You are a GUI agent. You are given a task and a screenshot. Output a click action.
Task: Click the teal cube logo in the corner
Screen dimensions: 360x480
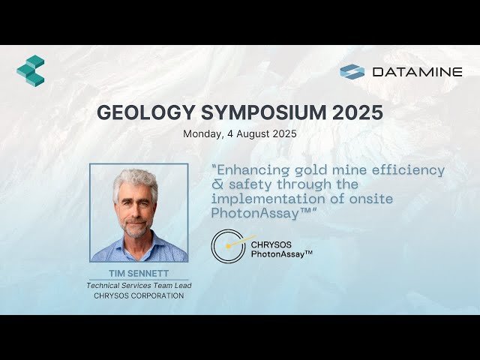31,70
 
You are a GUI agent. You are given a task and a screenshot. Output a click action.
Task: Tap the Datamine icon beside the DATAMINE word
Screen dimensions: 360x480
352,72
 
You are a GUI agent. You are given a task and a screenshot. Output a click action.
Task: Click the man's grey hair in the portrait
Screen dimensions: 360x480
137,178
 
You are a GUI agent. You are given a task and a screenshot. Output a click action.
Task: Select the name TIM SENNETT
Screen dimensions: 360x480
139,273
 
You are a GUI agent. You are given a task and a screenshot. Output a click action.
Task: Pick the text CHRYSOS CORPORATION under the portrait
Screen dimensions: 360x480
139,295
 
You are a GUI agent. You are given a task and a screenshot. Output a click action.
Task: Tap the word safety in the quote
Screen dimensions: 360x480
253,184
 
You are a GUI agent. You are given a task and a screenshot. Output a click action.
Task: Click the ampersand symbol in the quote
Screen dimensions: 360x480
216,184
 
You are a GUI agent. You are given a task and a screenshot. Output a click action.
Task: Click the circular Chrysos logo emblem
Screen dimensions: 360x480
227,246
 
